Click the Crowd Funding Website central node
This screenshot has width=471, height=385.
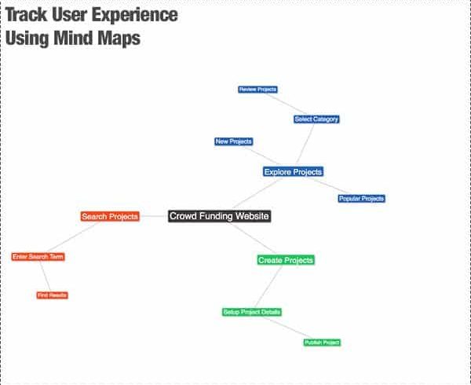220,216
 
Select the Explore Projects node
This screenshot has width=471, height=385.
293,172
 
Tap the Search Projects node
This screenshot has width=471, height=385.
110,216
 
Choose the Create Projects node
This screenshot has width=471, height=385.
286,260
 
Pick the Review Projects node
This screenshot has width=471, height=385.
257,90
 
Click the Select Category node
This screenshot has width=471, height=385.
316,119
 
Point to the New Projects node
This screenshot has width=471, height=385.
234,141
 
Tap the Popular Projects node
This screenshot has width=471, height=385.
361,198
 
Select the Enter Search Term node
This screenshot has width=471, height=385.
38,257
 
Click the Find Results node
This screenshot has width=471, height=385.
53,295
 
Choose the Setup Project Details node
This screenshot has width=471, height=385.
252,312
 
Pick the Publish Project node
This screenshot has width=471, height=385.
322,343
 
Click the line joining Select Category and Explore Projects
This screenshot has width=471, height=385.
305,144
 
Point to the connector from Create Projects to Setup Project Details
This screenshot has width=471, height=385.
268,287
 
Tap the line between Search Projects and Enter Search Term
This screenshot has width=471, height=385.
73,236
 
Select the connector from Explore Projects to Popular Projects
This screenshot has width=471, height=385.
330,186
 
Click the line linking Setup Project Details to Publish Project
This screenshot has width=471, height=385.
288,328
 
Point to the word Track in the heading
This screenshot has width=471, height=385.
27,14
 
